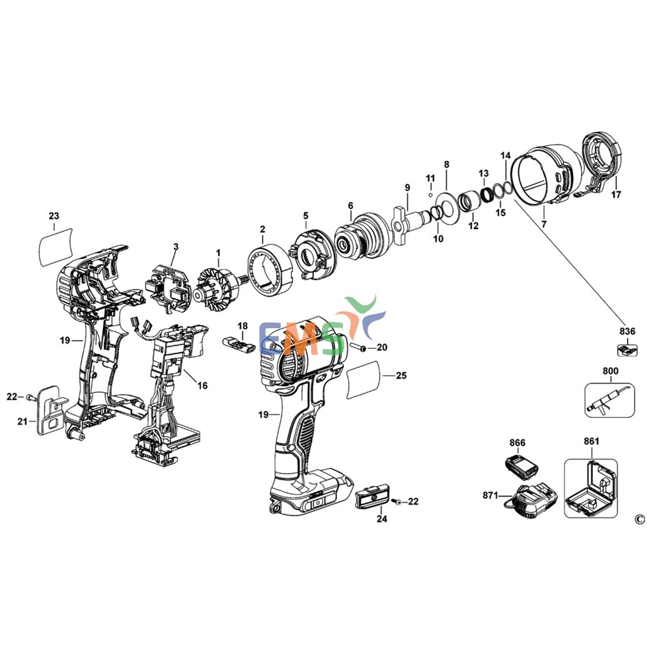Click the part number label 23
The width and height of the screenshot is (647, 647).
54,215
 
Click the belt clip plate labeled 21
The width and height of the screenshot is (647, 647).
49,411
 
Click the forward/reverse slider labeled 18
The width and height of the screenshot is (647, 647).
237,345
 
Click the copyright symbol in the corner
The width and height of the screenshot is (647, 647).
639,520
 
